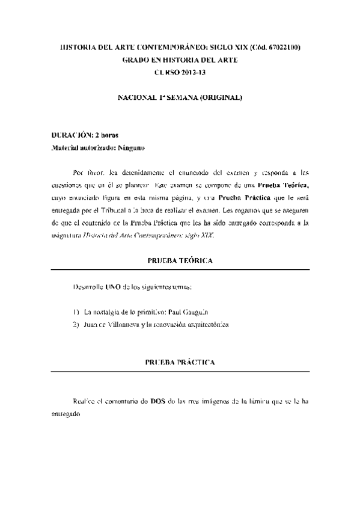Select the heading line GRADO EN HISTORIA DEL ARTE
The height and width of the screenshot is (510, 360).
click(x=180, y=60)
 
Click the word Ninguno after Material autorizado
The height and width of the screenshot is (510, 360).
click(x=132, y=147)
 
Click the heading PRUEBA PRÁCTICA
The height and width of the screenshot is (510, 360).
click(x=180, y=363)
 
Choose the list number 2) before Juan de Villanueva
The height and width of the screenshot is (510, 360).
click(x=76, y=325)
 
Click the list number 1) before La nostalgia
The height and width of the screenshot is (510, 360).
click(x=76, y=312)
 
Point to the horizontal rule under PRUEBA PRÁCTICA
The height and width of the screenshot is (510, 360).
click(x=180, y=373)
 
